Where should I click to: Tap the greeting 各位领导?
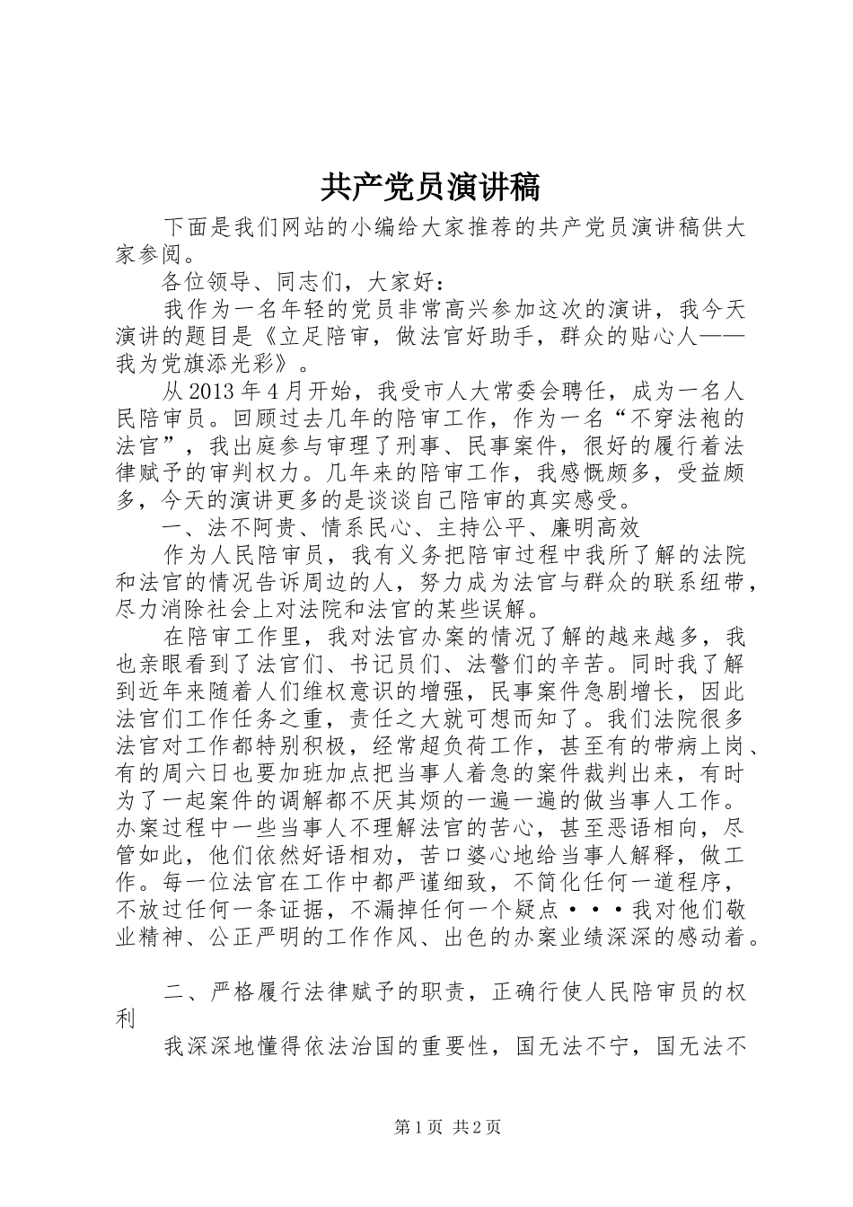(210, 282)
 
